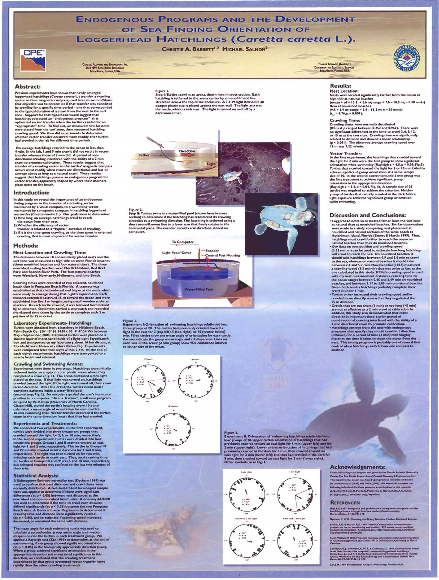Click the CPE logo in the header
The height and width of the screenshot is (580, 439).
(33, 60)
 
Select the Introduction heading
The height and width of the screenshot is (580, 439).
(31, 193)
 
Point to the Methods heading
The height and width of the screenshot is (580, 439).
(26, 246)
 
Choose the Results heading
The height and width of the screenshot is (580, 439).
(341, 86)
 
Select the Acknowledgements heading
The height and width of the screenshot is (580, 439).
(358, 467)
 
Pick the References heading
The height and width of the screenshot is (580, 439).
(345, 503)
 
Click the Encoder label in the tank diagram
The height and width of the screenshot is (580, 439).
(212, 250)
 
